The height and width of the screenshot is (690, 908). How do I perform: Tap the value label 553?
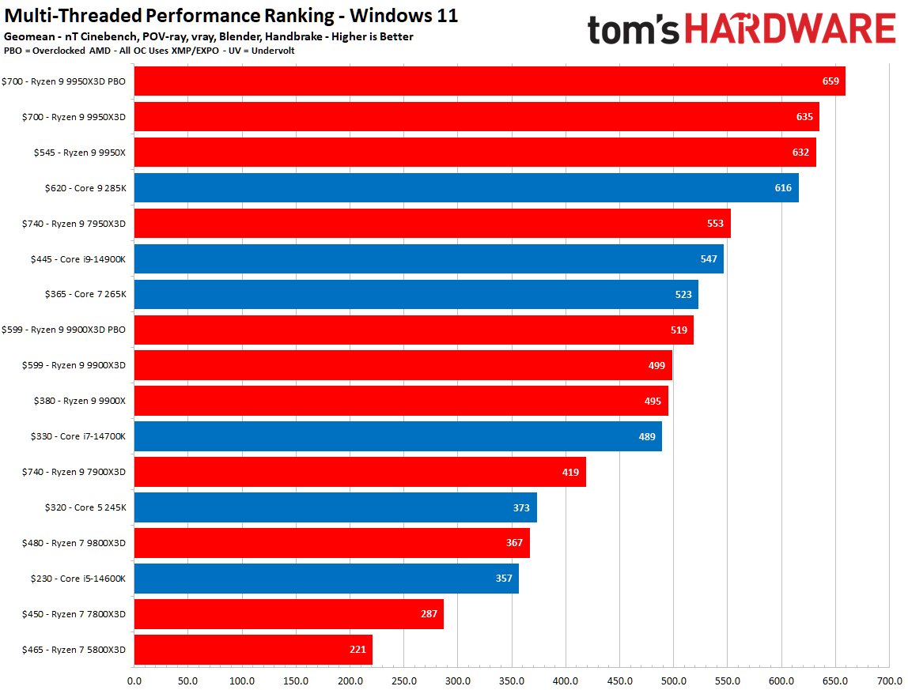coord(714,224)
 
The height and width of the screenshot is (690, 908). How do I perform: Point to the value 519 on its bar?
coord(678,330)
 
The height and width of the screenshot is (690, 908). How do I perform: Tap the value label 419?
coord(570,472)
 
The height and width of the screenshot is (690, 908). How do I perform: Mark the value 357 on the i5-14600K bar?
coord(504,579)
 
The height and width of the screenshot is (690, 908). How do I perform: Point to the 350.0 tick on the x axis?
coord(511,680)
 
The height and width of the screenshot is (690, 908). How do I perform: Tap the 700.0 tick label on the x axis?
coord(888,680)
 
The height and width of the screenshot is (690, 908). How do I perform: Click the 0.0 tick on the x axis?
coord(134,680)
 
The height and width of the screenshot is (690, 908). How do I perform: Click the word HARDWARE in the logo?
coord(789,29)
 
